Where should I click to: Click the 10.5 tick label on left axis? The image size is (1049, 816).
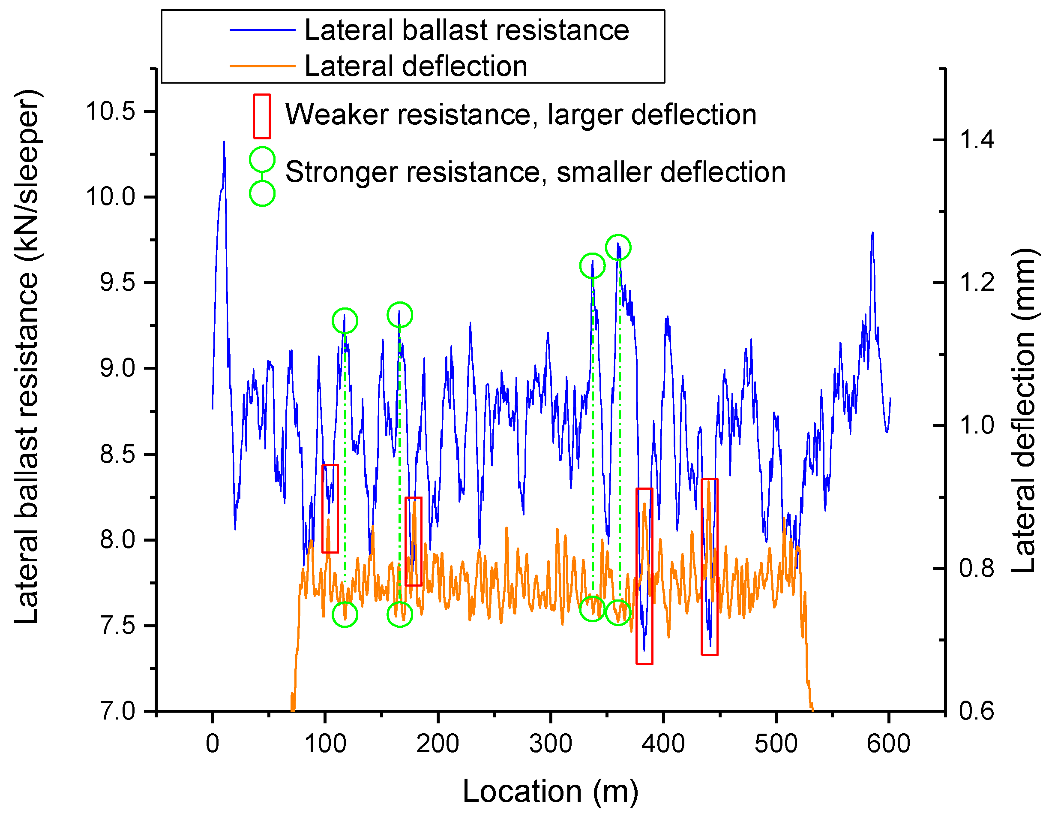pyautogui.click(x=111, y=111)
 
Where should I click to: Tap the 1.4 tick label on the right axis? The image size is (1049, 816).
pyautogui.click(x=977, y=140)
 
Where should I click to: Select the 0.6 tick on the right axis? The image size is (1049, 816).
pyautogui.click(x=977, y=712)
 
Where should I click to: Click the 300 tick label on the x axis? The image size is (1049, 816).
pyautogui.click(x=551, y=744)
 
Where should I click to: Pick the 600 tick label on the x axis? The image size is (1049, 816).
pyautogui.click(x=888, y=744)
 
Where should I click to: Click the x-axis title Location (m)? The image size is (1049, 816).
pyautogui.click(x=551, y=791)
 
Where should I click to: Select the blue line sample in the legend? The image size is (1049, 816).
pyautogui.click(x=262, y=30)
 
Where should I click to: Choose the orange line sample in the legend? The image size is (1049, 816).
pyautogui.click(x=262, y=66)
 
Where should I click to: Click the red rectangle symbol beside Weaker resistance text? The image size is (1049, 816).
pyautogui.click(x=262, y=116)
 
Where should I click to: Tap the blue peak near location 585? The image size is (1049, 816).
pyautogui.click(x=872, y=234)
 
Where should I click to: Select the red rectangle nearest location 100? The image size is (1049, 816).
pyautogui.click(x=330, y=509)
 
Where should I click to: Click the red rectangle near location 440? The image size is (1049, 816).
pyautogui.click(x=710, y=567)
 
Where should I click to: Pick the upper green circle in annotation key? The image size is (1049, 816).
pyautogui.click(x=262, y=160)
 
